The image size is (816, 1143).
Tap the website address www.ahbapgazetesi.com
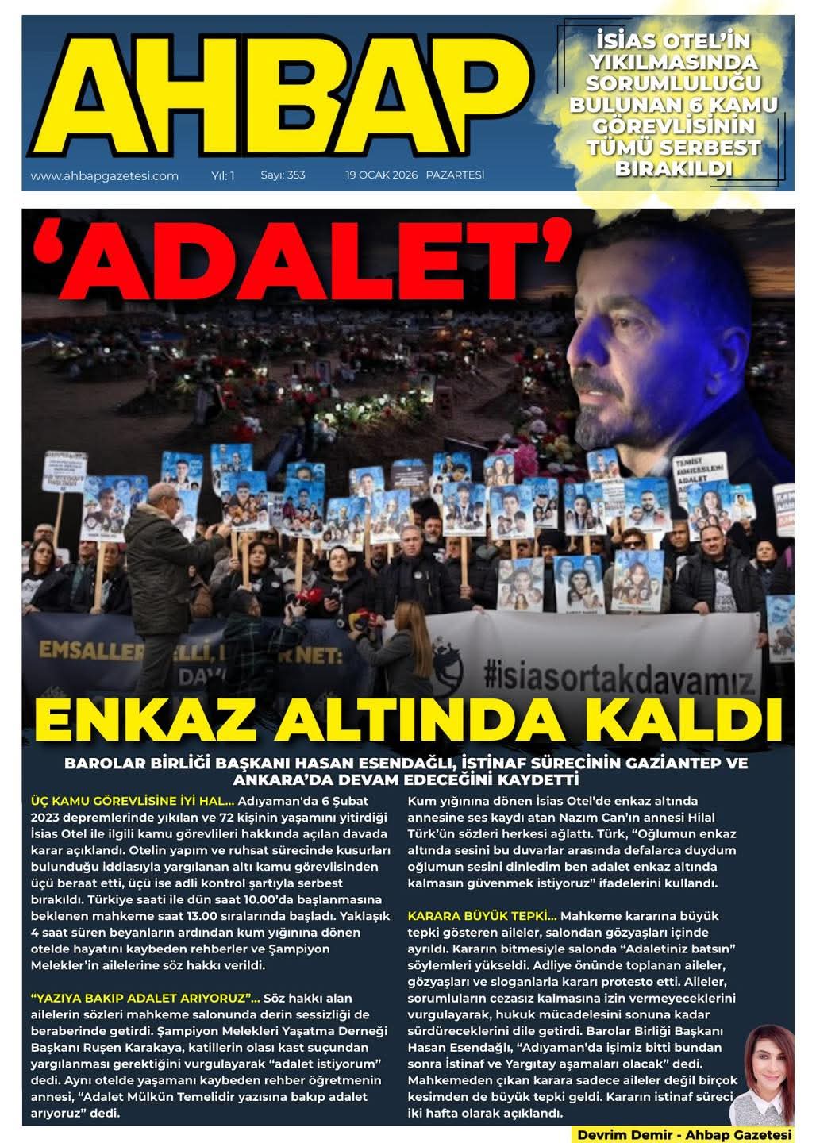point(104,176)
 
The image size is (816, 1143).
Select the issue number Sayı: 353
point(283,175)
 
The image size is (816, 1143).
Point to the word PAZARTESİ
point(455,175)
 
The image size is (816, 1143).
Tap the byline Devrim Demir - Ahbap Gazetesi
point(684,1134)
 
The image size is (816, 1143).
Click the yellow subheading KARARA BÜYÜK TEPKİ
point(482,916)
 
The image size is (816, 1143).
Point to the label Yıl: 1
point(223,175)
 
